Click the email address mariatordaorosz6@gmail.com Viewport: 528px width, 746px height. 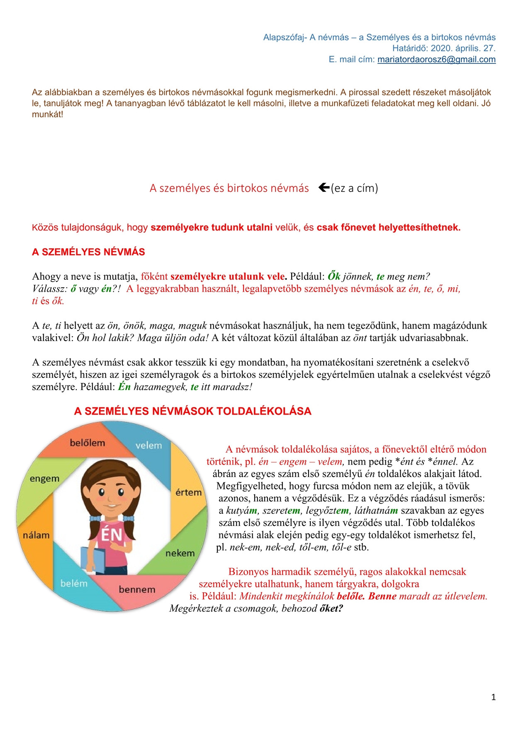[x=436, y=59]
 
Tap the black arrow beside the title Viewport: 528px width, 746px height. [x=324, y=188]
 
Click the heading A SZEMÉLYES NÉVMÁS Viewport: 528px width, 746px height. [x=88, y=252]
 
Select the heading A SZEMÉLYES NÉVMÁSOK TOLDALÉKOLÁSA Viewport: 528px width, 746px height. [x=192, y=411]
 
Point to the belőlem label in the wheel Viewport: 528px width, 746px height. [x=87, y=443]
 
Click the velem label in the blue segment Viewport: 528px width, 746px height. [x=148, y=446]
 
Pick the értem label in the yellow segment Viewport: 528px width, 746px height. [x=188, y=492]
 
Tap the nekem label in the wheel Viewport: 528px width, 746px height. [x=180, y=553]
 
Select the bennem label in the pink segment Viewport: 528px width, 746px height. [x=137, y=589]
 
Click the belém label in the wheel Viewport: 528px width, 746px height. [x=74, y=584]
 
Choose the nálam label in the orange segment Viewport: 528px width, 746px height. [x=36, y=535]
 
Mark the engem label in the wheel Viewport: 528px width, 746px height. [x=44, y=479]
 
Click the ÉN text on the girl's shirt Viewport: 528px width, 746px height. [x=112, y=535]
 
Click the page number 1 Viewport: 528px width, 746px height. [x=493, y=697]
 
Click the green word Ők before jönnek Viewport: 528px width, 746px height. [x=334, y=276]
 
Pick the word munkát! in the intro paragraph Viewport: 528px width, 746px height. [x=47, y=114]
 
